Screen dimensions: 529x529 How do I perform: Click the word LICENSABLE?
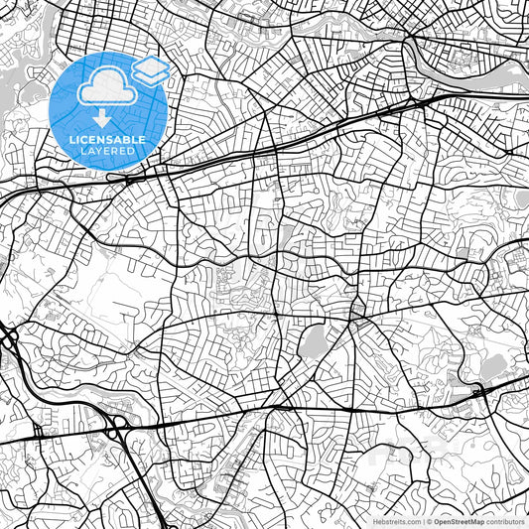(x=107, y=140)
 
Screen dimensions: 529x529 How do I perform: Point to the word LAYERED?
(x=107, y=151)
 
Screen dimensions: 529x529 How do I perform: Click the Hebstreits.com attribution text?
(x=394, y=520)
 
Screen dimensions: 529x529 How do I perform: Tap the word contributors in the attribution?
(x=505, y=520)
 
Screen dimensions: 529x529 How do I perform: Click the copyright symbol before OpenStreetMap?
(x=429, y=520)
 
